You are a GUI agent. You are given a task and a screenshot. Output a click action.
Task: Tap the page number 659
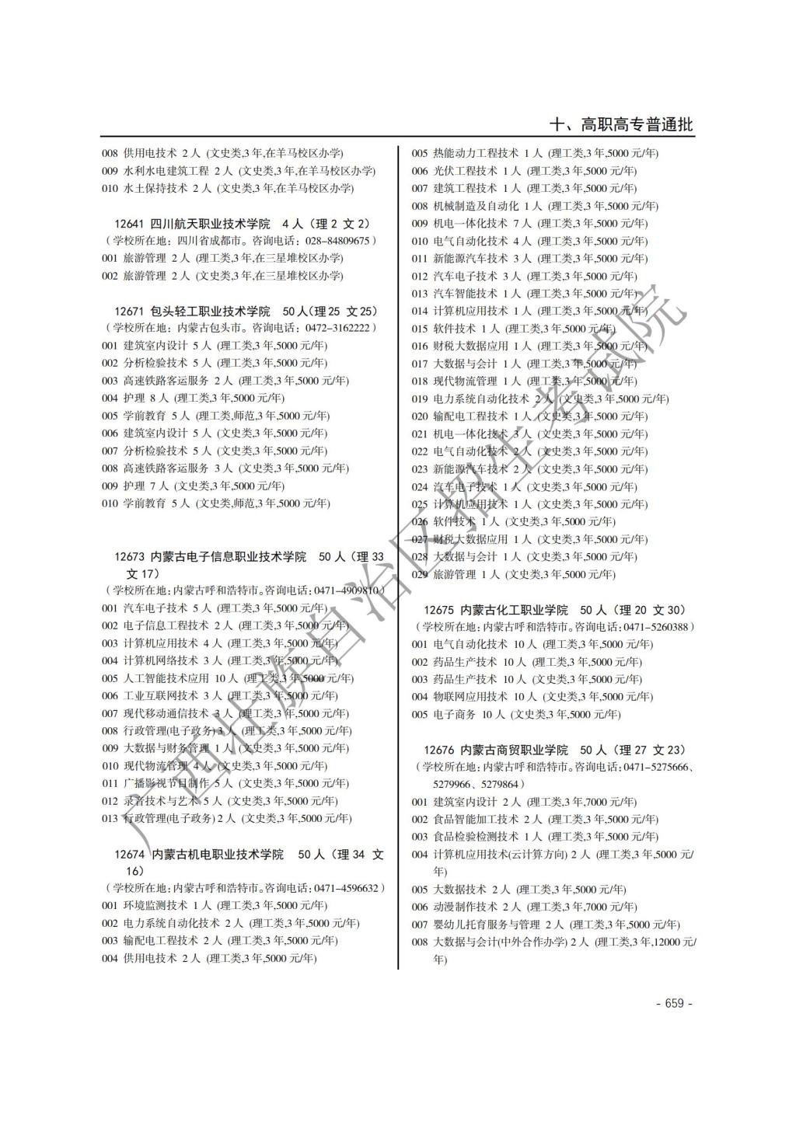point(674,1003)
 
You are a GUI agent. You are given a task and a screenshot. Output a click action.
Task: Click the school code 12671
point(129,311)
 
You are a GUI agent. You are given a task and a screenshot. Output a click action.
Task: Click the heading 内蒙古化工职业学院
point(514,610)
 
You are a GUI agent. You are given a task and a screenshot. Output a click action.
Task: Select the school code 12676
point(439,750)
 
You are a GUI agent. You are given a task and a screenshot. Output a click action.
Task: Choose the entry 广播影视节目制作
point(166,783)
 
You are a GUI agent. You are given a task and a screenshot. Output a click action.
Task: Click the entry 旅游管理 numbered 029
point(454,574)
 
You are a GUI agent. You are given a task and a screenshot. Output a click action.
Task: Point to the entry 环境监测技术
point(155,905)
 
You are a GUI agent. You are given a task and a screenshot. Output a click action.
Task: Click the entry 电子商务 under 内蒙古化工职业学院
point(454,714)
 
